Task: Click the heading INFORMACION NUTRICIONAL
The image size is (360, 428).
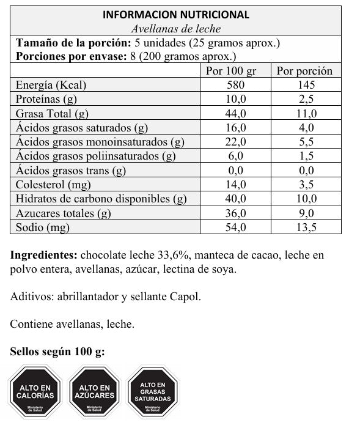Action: (176, 15)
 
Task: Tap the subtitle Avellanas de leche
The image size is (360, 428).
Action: (176, 29)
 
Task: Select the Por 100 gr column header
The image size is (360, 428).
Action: (235, 70)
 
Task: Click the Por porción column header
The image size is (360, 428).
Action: (304, 70)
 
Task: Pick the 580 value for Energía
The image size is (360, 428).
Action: (235, 85)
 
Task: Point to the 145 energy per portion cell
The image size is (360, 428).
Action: (304, 85)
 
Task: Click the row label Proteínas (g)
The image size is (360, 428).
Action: (46, 99)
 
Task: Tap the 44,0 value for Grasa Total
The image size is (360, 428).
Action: (235, 113)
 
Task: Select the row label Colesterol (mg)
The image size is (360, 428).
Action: (50, 184)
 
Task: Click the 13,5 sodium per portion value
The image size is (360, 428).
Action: (304, 227)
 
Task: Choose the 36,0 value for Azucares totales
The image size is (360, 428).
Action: (235, 213)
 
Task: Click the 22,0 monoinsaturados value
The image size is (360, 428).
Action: (235, 142)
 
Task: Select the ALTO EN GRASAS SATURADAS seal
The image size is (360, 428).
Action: (152, 391)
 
